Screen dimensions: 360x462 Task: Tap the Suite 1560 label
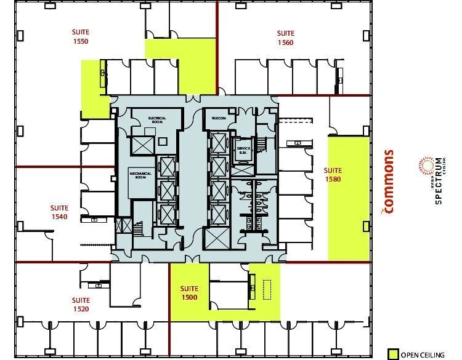pos(285,38)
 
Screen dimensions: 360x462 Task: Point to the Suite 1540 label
pos(59,213)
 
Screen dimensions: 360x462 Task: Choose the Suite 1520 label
pos(80,304)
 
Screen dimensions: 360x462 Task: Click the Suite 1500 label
pos(189,293)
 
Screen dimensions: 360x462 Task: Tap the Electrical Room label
pos(157,119)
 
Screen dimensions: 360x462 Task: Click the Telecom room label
pos(220,118)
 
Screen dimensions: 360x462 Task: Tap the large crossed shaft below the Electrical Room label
pos(141,146)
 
